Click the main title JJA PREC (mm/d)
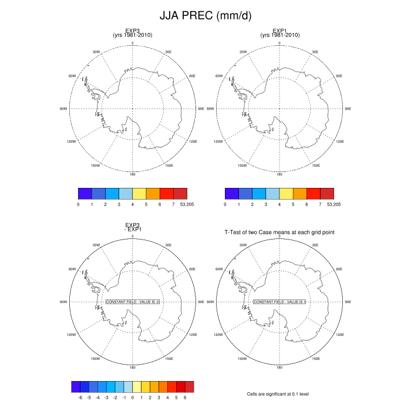click(x=205, y=17)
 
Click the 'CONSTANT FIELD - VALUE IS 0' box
click(x=133, y=302)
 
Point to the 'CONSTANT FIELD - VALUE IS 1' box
click(x=279, y=302)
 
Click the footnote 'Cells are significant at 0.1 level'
click(x=279, y=395)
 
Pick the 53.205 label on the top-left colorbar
click(x=187, y=204)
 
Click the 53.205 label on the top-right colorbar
click(x=333, y=204)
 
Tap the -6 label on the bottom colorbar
click(x=80, y=397)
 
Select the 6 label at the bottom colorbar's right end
click(x=185, y=397)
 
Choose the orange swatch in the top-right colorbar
click(x=299, y=194)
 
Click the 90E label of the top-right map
click(x=348, y=109)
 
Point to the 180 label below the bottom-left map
click(x=133, y=368)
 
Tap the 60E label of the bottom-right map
click(x=339, y=269)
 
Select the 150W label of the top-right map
click(x=241, y=166)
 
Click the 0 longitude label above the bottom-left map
click(x=133, y=236)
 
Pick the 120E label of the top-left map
click(x=193, y=142)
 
